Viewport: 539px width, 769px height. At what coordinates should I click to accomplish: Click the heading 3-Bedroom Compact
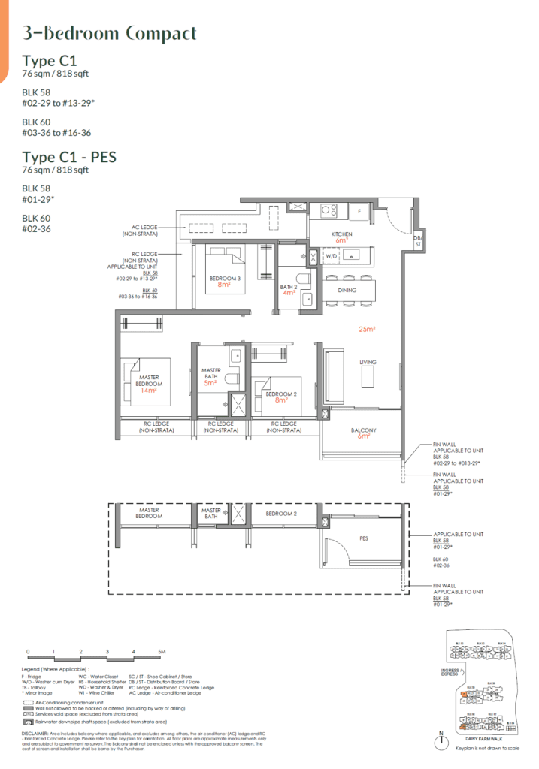coord(110,34)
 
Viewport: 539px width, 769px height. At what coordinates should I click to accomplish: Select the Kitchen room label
coord(342,234)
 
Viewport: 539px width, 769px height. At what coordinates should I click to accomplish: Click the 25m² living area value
coord(367,328)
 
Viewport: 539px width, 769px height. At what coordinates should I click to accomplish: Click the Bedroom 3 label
coord(225,279)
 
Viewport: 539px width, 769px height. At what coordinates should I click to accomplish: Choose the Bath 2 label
coord(289,287)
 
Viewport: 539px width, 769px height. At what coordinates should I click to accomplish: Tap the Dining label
coord(347,290)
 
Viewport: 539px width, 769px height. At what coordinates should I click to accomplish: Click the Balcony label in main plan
coord(364,430)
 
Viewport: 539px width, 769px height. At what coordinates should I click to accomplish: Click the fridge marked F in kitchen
coord(360,211)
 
